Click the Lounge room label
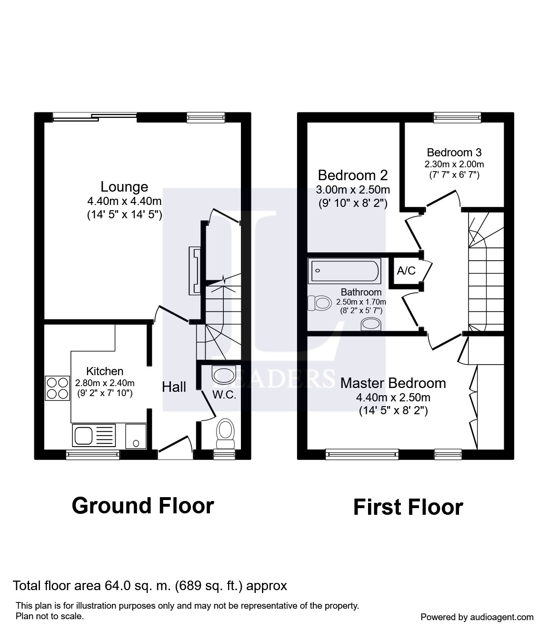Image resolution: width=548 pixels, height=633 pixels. [124, 187]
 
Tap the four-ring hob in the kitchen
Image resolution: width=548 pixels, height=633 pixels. [57, 388]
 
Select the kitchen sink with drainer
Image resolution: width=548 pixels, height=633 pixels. [94, 436]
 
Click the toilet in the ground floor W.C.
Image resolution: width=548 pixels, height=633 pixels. [225, 435]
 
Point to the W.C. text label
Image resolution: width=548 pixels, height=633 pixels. [224, 395]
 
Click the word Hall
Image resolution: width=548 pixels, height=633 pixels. [174, 388]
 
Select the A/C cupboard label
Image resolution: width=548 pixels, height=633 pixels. [406, 271]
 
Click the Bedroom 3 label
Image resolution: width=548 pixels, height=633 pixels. [454, 153]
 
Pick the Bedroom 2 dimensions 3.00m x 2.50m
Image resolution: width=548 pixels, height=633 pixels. [353, 190]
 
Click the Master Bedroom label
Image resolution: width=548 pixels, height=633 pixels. [393, 383]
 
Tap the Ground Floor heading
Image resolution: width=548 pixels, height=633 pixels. [143, 506]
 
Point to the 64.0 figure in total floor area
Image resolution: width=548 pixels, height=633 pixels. [115, 586]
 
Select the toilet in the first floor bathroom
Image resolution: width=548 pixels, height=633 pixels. [320, 303]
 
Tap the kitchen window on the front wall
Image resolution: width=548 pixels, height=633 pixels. [93, 455]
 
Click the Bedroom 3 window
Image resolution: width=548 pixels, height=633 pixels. [458, 117]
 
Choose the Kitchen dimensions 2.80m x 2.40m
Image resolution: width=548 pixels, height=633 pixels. [105, 383]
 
